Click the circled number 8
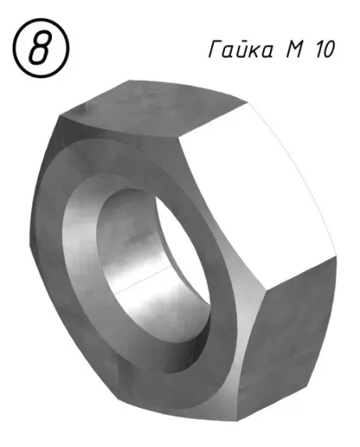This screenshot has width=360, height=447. (x=41, y=48)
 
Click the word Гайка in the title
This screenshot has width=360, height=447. (x=240, y=48)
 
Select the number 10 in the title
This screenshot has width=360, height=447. (x=325, y=50)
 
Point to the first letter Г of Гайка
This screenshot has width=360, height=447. (x=216, y=50)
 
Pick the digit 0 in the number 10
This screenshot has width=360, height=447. (x=329, y=50)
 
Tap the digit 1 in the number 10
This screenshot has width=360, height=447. (x=318, y=50)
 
